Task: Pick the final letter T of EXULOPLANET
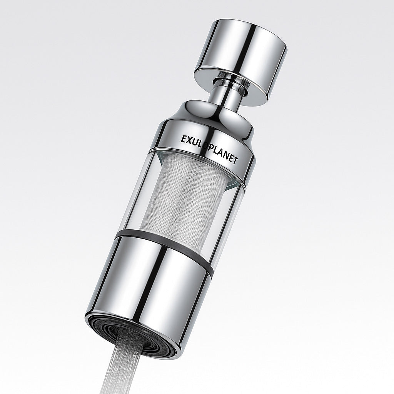236,162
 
